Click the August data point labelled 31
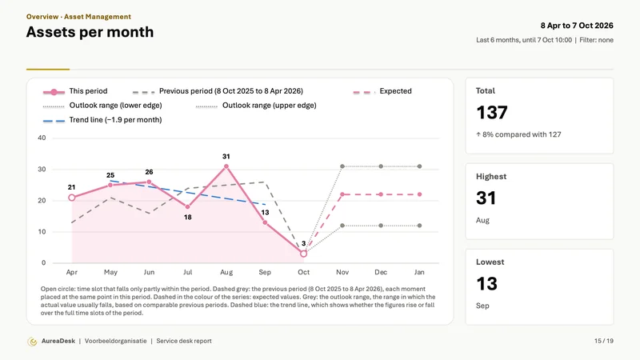click(x=226, y=166)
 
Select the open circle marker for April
click(x=72, y=198)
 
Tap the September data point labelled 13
click(x=265, y=222)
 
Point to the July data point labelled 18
click(x=188, y=207)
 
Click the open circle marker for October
click(x=303, y=254)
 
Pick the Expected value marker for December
click(x=381, y=194)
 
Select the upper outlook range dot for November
click(x=342, y=166)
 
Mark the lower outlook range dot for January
click(x=419, y=226)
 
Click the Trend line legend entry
click(x=102, y=120)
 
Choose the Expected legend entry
click(x=382, y=91)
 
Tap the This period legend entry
click(x=75, y=91)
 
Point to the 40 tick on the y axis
click(x=42, y=138)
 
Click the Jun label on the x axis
click(x=149, y=272)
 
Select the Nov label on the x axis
click(x=342, y=272)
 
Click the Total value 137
click(x=492, y=112)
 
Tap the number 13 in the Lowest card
click(x=486, y=284)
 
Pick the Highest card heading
click(x=491, y=176)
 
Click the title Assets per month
click(x=90, y=32)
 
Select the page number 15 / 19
click(x=604, y=341)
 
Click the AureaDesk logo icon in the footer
click(x=32, y=342)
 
